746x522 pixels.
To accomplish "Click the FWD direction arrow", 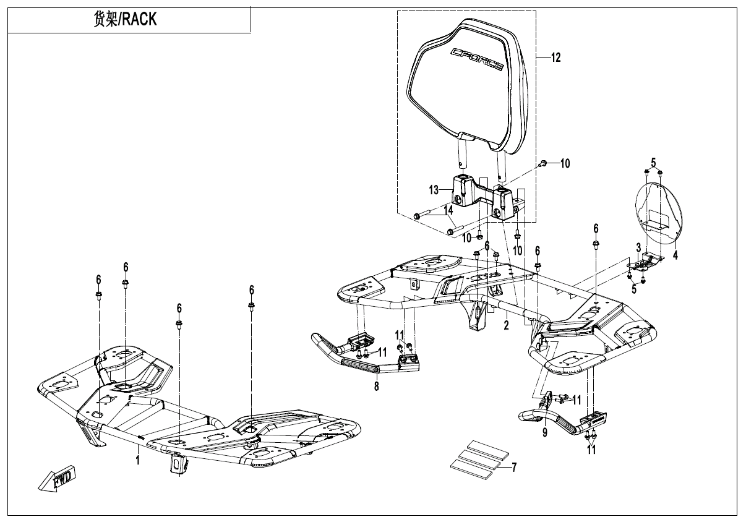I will pos(56,479).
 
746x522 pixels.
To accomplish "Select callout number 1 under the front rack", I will pos(138,460).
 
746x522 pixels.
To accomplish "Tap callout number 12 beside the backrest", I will pos(555,58).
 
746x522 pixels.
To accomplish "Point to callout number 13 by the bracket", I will pos(434,188).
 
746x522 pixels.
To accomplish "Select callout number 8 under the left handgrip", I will pos(376,386).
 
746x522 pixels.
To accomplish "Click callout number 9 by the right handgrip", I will pos(545,433).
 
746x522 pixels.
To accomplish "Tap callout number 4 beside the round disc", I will pos(675,254).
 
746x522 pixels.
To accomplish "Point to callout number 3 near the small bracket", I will pos(638,247).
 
